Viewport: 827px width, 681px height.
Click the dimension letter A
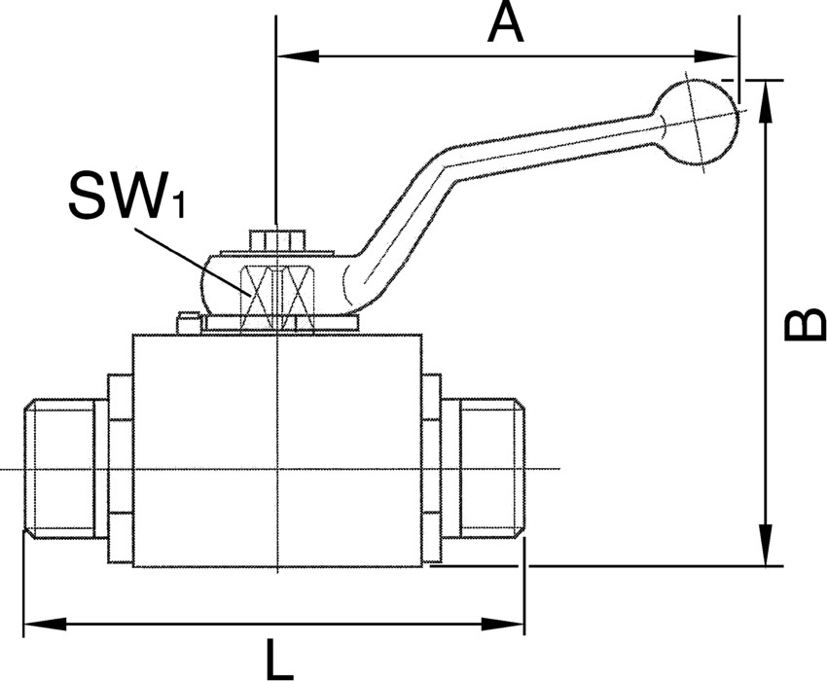[x=506, y=23]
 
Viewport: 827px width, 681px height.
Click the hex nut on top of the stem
[x=277, y=238]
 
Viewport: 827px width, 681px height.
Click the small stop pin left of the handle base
[x=188, y=321]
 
